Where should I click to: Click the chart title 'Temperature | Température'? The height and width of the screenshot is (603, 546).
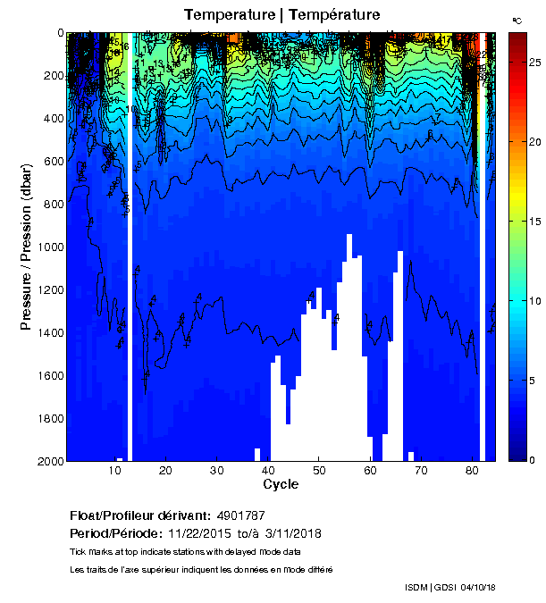pos(281,14)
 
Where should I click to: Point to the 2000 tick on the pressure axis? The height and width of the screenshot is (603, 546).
pos(46,461)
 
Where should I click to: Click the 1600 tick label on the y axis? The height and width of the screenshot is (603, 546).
pos(46,375)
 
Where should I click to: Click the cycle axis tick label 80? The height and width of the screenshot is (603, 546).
pos(473,471)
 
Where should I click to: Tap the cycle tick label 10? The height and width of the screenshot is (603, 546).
pos(114,471)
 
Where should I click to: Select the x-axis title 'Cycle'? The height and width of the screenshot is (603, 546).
pos(281,484)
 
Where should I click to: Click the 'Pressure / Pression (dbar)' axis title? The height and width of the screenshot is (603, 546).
pos(26,247)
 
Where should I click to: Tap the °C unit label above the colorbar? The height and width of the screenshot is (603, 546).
pos(517,19)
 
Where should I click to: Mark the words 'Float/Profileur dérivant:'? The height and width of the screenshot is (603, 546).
pos(139,515)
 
